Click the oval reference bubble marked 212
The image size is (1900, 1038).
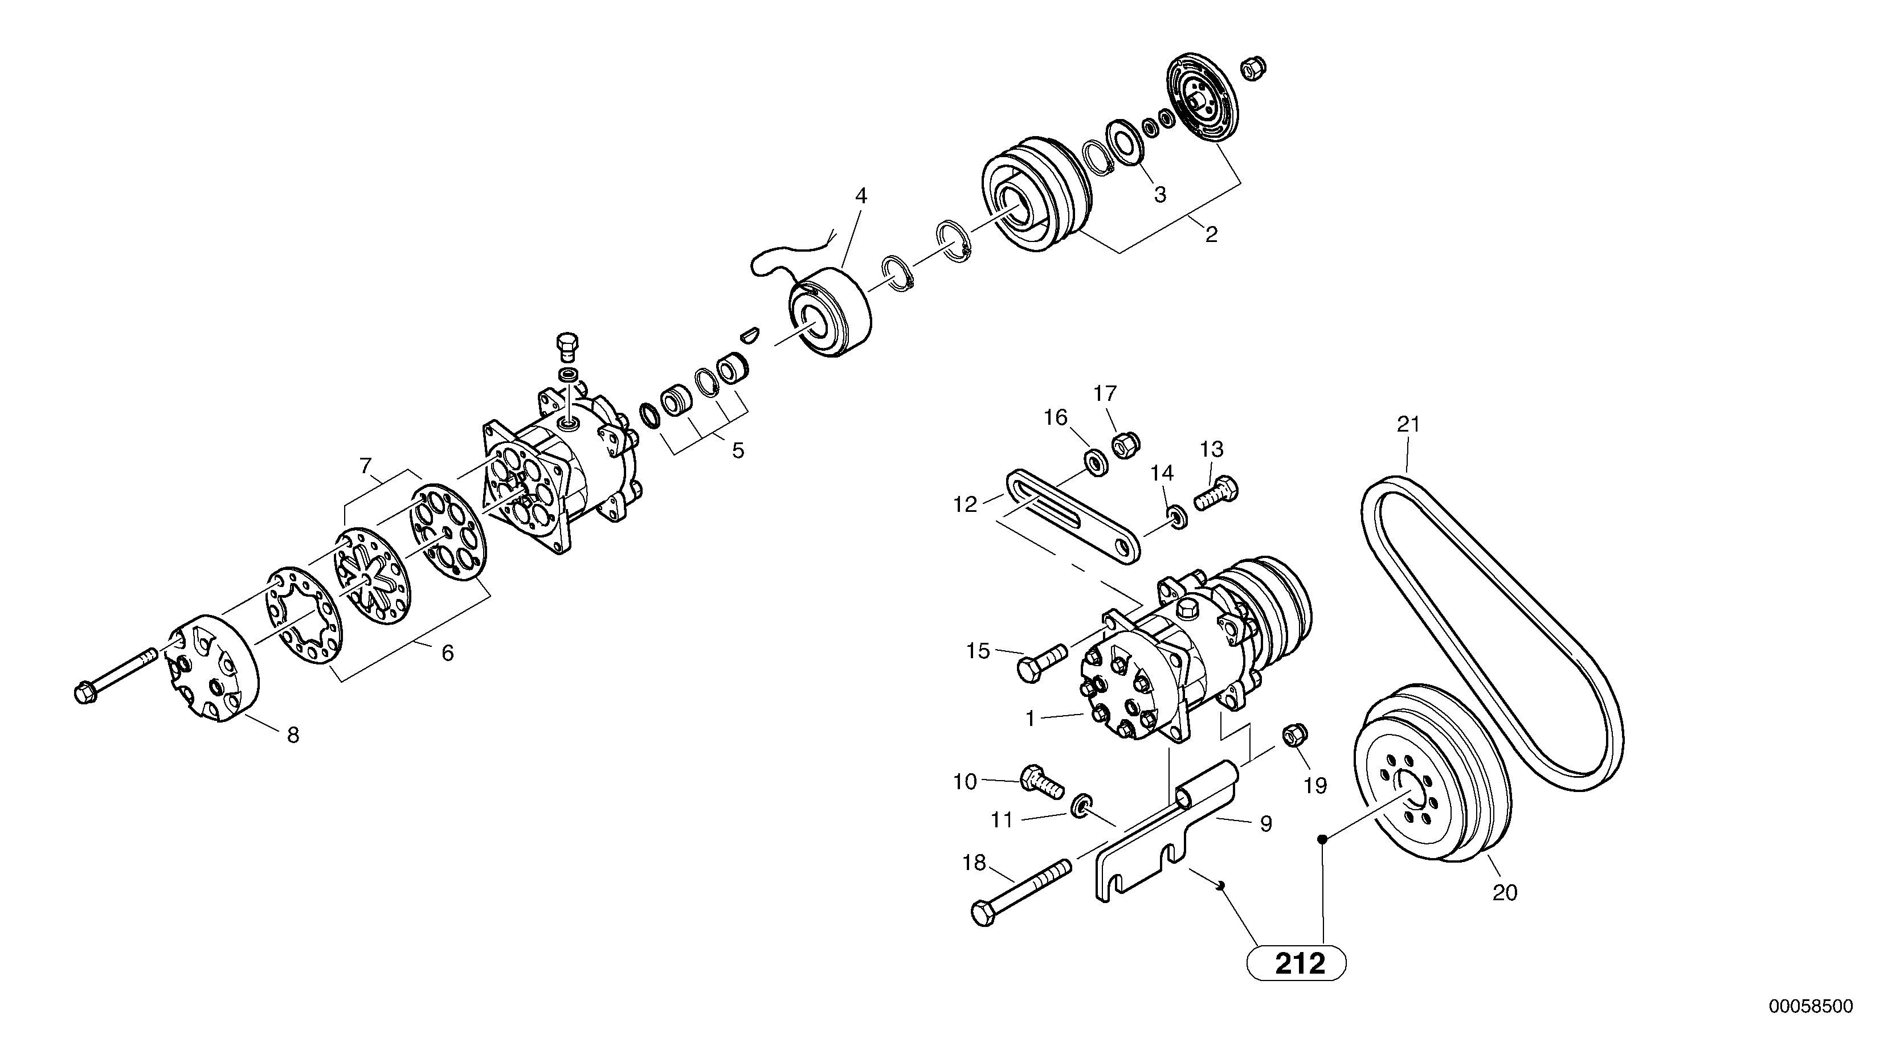point(1296,963)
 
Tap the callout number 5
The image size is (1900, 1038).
point(738,450)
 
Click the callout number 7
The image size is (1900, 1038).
point(365,466)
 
